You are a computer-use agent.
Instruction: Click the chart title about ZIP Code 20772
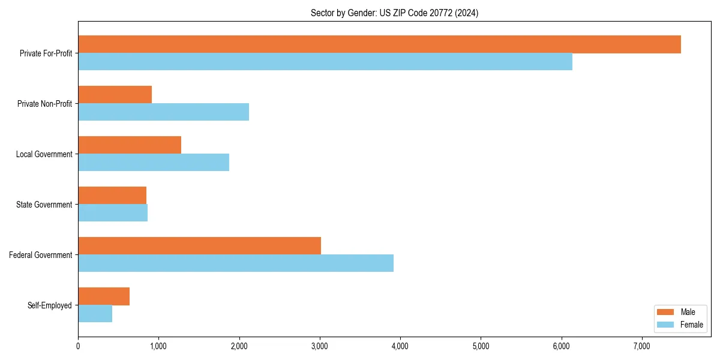[394, 13]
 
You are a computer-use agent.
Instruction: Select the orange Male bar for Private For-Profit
[379, 44]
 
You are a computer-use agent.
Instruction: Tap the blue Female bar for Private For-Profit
[325, 62]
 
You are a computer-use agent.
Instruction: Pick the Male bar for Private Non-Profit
[115, 95]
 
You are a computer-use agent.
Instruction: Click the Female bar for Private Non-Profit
[163, 112]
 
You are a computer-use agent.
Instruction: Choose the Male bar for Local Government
[130, 145]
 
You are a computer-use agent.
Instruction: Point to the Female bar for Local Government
[154, 163]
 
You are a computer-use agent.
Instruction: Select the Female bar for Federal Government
[236, 263]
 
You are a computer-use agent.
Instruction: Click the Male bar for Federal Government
[199, 246]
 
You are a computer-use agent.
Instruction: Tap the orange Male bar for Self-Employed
[104, 296]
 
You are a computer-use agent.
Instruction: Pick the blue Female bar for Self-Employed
[95, 314]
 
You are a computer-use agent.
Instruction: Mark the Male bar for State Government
[112, 196]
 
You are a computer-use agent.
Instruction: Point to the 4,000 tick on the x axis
[400, 346]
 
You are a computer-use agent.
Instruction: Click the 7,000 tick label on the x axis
[641, 346]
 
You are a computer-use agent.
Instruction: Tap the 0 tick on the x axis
[78, 346]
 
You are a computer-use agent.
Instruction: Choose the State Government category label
[44, 205]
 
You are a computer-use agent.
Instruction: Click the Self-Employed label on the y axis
[50, 305]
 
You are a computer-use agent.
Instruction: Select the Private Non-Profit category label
[44, 104]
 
